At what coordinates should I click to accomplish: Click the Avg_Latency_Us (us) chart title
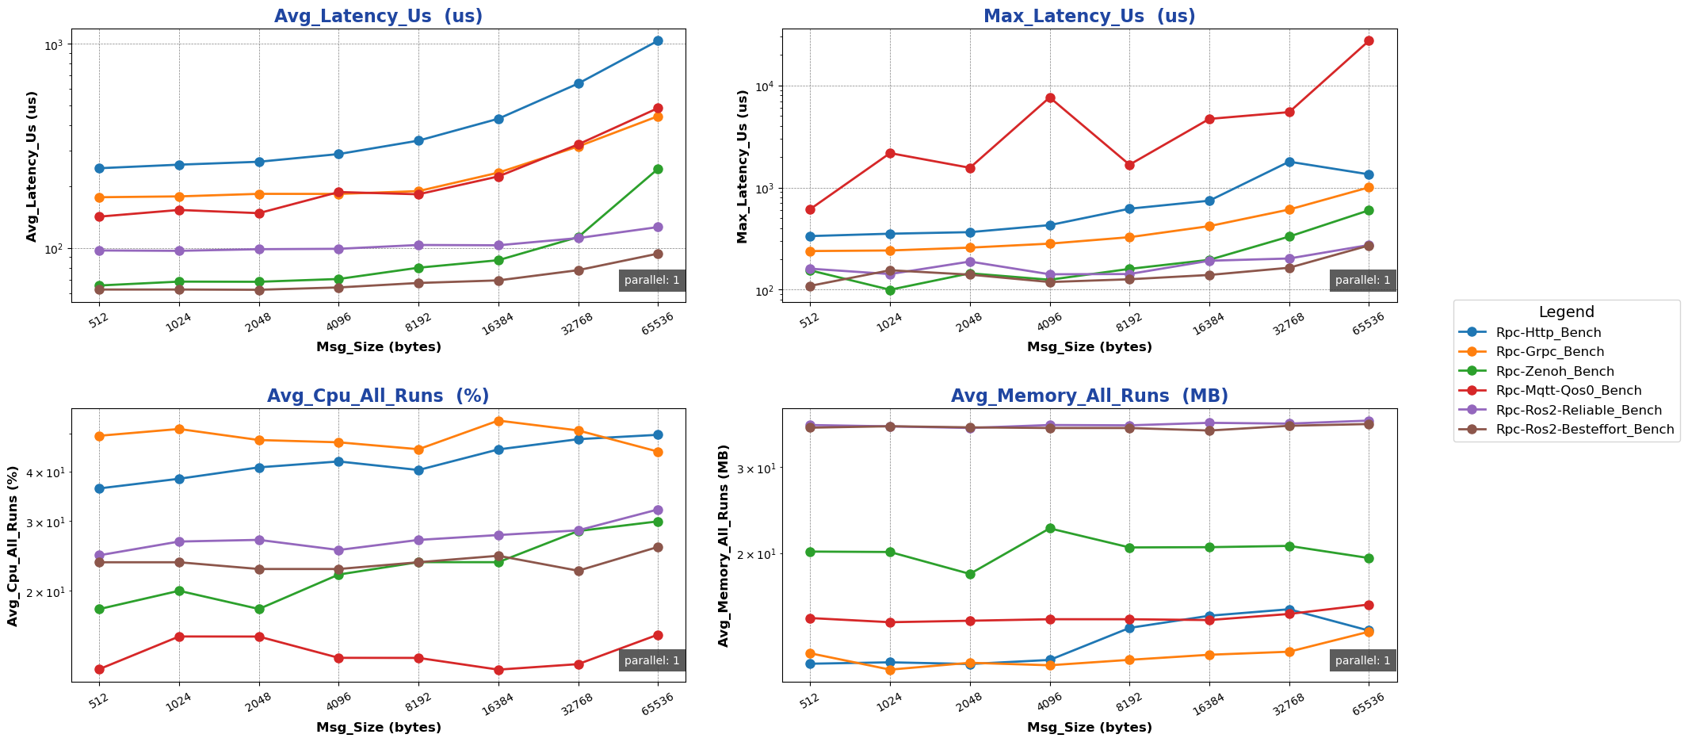[378, 16]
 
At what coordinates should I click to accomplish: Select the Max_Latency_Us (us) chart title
[1089, 16]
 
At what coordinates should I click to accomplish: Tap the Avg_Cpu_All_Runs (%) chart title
[378, 396]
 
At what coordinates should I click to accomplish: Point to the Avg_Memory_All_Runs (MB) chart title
[1089, 396]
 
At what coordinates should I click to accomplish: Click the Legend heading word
[1566, 312]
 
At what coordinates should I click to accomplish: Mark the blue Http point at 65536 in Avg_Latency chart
[658, 41]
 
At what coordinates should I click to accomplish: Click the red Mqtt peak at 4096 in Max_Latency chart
[1050, 98]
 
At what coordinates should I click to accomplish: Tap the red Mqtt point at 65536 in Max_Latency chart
[1369, 40]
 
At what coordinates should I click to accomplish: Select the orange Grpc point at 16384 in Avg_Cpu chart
[498, 421]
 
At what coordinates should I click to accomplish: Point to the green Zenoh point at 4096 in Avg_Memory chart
[1050, 528]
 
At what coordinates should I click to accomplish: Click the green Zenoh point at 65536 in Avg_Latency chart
[658, 169]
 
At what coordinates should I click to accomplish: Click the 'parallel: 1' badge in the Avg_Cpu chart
[651, 660]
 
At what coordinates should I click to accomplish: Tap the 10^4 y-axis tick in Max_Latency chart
[764, 86]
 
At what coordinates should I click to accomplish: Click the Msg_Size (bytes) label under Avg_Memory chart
[1089, 727]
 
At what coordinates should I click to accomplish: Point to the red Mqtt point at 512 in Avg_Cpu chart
[99, 669]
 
